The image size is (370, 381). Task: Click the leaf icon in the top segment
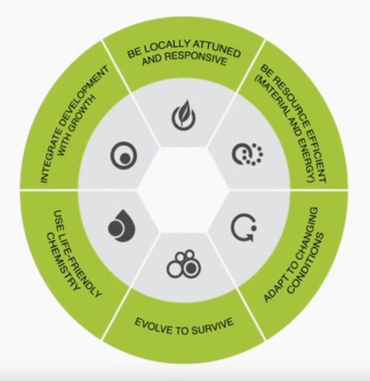click(x=183, y=115)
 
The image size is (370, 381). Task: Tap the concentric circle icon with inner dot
click(x=124, y=155)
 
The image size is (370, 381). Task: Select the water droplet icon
click(x=122, y=226)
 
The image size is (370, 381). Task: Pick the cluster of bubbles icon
click(x=184, y=264)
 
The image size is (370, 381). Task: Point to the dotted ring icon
click(x=248, y=155)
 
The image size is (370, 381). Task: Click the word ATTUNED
click(x=217, y=49)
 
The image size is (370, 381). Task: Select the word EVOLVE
click(x=153, y=326)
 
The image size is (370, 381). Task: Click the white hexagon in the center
click(x=183, y=190)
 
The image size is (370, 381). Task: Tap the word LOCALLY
click(x=166, y=48)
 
